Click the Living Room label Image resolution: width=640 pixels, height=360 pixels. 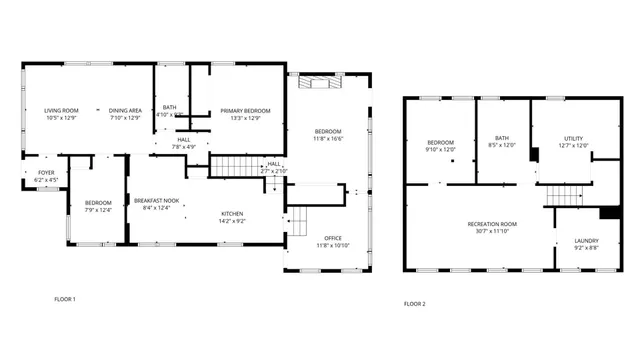[x=61, y=110]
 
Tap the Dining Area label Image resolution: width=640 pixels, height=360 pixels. [x=125, y=110]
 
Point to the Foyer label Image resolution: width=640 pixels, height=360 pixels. [x=47, y=173]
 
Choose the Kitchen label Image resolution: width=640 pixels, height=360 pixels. [x=232, y=213]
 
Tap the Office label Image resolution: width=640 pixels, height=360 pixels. [x=329, y=237]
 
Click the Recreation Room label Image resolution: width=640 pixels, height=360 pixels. [x=492, y=223]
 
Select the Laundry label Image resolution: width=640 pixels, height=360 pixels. [x=587, y=240]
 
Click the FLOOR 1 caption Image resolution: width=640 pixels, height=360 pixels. [x=65, y=299]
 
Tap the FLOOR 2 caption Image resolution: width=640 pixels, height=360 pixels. [x=415, y=303]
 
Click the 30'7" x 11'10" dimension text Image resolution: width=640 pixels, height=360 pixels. [x=492, y=231]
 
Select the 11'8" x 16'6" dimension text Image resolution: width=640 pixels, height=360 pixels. [x=329, y=139]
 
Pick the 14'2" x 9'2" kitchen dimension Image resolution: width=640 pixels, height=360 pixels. [x=232, y=221]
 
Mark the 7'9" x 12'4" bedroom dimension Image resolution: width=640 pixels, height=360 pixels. [x=98, y=210]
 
